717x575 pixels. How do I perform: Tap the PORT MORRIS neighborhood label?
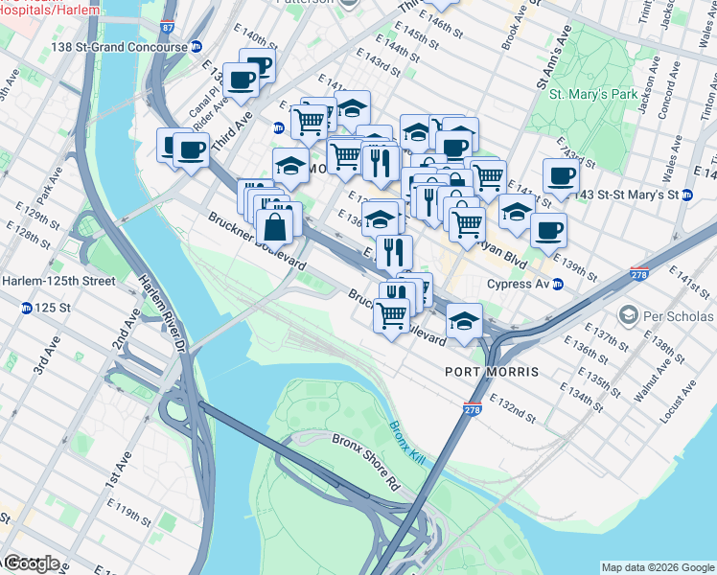click(492, 371)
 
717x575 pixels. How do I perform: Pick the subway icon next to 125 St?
click(27, 308)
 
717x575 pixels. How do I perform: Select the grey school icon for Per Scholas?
click(628, 315)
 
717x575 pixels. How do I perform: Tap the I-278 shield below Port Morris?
click(471, 409)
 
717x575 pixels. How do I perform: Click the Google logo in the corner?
click(32, 563)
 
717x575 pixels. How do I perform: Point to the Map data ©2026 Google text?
click(658, 567)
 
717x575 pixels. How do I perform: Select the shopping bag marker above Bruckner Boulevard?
click(275, 226)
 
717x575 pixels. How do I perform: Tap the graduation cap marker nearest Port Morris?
click(464, 320)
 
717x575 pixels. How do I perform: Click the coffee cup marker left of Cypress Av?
click(548, 230)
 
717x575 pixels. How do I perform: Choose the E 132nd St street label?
click(512, 406)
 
